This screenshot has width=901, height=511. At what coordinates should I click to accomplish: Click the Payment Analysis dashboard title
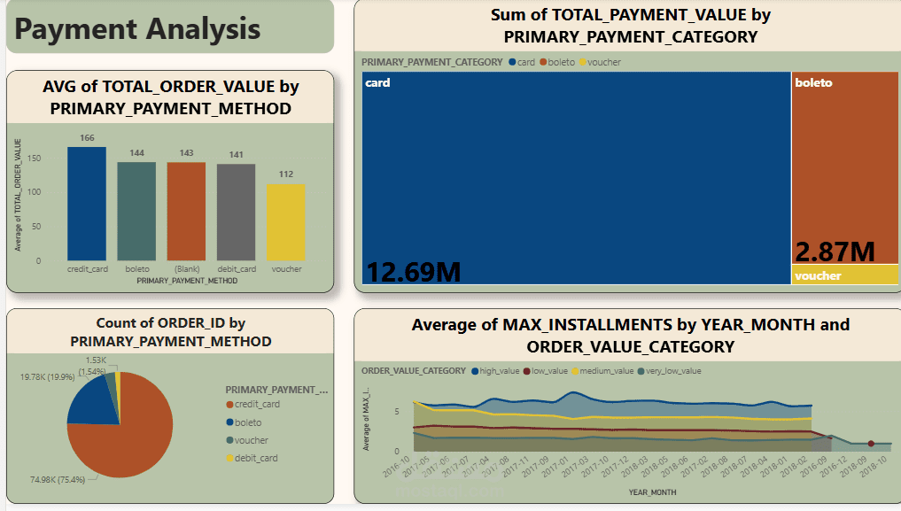pos(138,28)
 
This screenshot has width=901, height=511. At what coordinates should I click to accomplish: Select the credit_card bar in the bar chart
pos(87,204)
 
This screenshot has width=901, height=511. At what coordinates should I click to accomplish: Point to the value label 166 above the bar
pos(87,138)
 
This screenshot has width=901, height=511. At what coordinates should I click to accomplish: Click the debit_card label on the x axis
pos(237,269)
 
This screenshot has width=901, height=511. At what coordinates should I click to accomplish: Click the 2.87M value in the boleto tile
pos(835,252)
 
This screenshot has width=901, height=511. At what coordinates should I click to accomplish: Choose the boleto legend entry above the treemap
pos(561,62)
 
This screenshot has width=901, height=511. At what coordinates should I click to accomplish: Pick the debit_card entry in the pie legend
pos(257,458)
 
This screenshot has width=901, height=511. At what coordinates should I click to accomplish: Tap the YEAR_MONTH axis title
pos(653,492)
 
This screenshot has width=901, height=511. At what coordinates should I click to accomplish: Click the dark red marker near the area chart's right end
pos(871,444)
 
